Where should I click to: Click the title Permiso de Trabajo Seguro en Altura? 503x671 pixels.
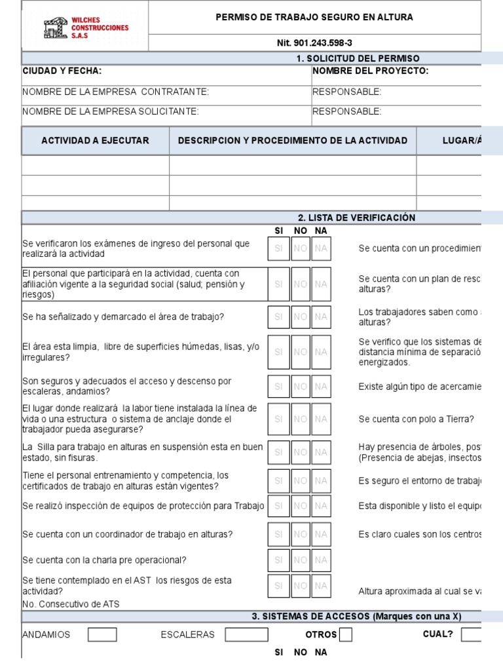click(x=314, y=18)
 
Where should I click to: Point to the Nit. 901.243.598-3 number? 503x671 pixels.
click(x=314, y=43)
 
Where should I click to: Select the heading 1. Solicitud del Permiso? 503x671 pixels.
click(x=358, y=58)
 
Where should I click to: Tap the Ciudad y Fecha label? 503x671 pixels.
click(x=62, y=71)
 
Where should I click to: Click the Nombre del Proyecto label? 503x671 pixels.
click(x=371, y=71)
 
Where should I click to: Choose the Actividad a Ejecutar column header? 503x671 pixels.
click(x=96, y=140)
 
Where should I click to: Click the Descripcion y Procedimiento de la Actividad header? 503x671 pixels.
click(x=293, y=140)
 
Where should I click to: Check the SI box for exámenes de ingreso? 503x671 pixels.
click(x=278, y=248)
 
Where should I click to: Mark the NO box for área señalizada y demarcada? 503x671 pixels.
click(x=300, y=316)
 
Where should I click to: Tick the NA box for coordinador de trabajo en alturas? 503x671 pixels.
click(x=321, y=534)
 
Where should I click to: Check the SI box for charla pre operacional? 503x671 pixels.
click(x=278, y=560)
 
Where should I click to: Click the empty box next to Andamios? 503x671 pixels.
click(x=103, y=634)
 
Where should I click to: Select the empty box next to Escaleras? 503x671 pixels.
click(x=246, y=634)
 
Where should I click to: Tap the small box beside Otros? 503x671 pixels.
click(x=346, y=634)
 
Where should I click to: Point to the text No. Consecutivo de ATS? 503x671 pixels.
click(x=71, y=604)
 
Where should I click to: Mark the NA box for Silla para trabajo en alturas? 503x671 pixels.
click(x=321, y=452)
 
